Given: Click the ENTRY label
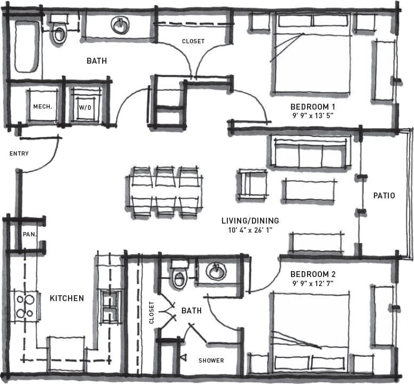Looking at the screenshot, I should tap(19, 154).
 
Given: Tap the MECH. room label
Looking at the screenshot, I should tap(43, 106).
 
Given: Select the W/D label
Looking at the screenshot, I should tap(86, 107).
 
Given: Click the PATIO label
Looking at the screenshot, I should tap(384, 196).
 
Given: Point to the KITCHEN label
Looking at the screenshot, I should tap(67, 298).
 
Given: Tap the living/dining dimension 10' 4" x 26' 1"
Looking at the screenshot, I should tap(250, 231).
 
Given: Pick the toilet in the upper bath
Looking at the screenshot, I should tap(58, 33).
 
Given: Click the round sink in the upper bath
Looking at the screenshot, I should tap(120, 25).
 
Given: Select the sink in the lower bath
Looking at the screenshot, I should tap(216, 272).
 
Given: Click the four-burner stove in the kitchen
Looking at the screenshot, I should tap(25, 306).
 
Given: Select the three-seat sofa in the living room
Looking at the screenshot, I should tap(310, 153).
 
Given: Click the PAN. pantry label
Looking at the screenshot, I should tap(29, 234).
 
